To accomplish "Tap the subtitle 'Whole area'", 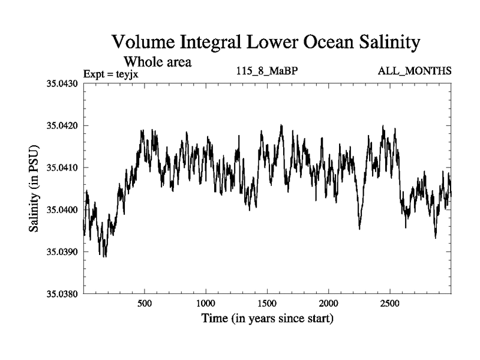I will [157, 61].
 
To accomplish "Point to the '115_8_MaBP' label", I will [267, 71].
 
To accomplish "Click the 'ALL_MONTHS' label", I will [415, 71].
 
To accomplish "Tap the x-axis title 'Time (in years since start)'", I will [267, 319].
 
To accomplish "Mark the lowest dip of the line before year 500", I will [104, 256].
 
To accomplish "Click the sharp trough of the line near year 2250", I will [359, 229].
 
